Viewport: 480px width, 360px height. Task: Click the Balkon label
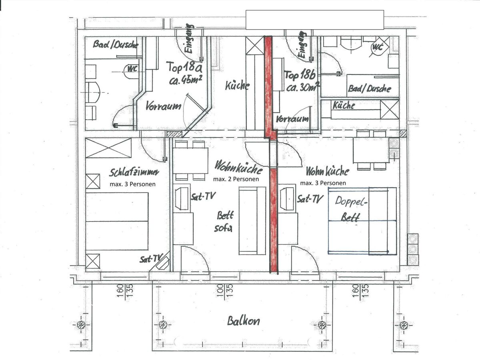243,321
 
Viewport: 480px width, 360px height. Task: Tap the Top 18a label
185,66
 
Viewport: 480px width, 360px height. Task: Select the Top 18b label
300,75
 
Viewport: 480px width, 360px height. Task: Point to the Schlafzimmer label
134,172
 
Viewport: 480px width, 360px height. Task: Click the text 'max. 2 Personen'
236,179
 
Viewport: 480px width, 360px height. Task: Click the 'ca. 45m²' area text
186,80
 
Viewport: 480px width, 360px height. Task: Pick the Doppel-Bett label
350,209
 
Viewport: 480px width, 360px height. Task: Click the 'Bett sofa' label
224,222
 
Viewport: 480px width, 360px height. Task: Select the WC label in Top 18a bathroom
132,69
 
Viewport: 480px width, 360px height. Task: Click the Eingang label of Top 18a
189,39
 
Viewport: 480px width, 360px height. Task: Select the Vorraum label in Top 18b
292,119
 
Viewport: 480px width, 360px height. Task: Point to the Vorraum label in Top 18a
163,106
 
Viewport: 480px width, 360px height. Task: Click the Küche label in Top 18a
237,86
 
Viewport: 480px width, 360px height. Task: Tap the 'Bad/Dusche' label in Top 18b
369,88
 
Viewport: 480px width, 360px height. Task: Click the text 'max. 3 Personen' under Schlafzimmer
132,184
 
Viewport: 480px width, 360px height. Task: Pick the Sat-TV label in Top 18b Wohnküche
310,199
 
